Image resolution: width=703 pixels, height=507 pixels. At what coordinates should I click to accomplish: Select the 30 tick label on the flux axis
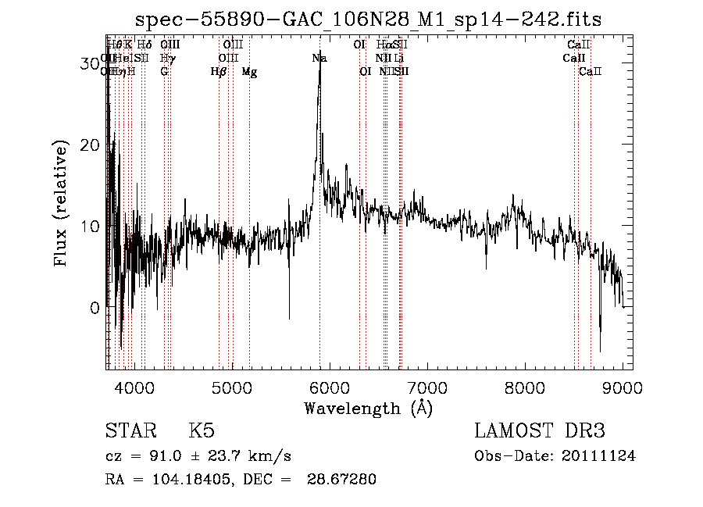[90, 63]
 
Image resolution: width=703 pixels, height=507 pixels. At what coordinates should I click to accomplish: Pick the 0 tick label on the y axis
[95, 308]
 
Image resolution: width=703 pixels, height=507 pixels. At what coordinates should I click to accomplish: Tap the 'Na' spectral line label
[319, 58]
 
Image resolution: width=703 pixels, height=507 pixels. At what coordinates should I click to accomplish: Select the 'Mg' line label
[249, 72]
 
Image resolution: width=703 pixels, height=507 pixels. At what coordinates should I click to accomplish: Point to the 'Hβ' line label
[219, 72]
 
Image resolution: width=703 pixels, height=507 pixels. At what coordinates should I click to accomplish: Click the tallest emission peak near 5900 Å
[319, 74]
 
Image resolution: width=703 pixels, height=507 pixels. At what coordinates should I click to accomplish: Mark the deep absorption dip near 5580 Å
[289, 316]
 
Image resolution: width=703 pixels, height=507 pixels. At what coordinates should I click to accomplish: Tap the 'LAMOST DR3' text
[539, 431]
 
